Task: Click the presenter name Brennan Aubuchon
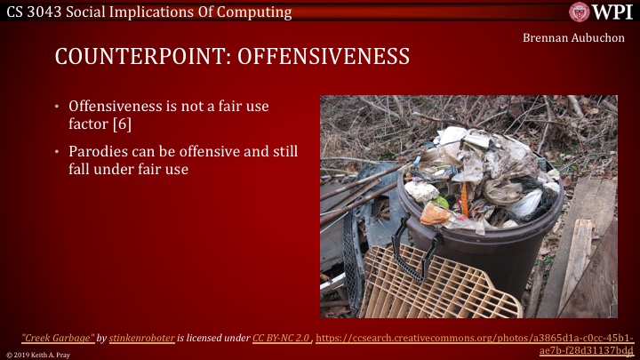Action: pos(575,40)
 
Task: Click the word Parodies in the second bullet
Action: pos(99,151)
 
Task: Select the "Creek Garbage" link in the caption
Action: pos(58,338)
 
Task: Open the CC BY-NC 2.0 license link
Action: pos(281,338)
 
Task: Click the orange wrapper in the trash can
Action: pos(435,213)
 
